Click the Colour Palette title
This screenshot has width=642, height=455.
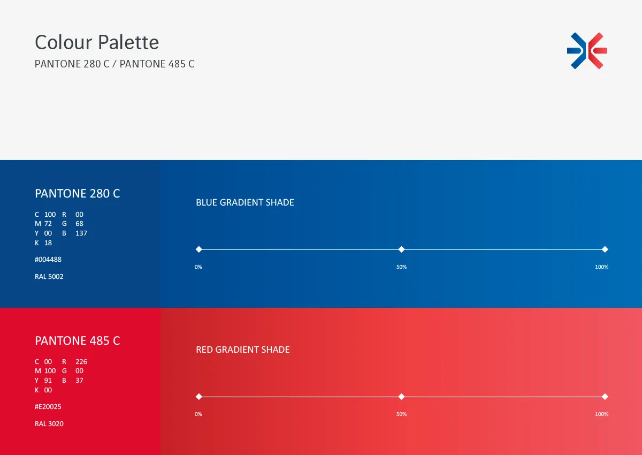coord(97,42)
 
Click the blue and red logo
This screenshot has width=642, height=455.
coord(587,51)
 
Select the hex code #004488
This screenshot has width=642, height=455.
coord(48,260)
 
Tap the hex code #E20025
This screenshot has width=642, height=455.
coord(48,406)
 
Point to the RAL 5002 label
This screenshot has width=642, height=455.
coord(49,276)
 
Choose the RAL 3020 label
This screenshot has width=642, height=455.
coord(49,423)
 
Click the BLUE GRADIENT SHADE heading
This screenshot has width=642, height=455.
coord(245,202)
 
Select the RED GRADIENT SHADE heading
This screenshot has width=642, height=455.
coord(243,350)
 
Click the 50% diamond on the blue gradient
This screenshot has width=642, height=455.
coord(402,249)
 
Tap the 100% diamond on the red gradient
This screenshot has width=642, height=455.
coord(605,397)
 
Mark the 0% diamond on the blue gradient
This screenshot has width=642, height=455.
coord(199,249)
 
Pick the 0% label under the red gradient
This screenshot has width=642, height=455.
coord(198,414)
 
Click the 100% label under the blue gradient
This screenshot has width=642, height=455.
coord(601,267)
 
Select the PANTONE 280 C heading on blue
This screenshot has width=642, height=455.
coord(78,194)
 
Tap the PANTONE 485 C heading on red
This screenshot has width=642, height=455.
coord(78,340)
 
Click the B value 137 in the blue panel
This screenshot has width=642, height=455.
coord(81,233)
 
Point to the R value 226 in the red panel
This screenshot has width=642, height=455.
coord(81,361)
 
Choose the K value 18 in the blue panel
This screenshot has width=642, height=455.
coord(48,243)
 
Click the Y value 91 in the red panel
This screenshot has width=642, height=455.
coord(48,380)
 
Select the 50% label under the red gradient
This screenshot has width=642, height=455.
coord(402,414)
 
